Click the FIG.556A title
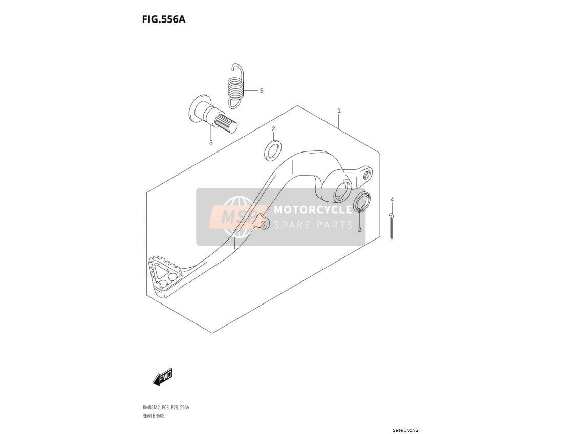pyautogui.click(x=163, y=19)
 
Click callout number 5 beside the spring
pyautogui.click(x=261, y=90)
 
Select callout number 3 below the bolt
pyautogui.click(x=211, y=142)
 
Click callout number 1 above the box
pyautogui.click(x=339, y=111)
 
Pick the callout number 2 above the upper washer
pyautogui.click(x=273, y=128)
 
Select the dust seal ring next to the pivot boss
pyautogui.click(x=362, y=202)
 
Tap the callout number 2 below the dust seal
pyautogui.click(x=359, y=230)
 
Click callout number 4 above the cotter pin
pyautogui.click(x=392, y=199)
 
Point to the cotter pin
pyautogui.click(x=391, y=226)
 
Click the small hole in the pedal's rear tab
pyautogui.click(x=366, y=175)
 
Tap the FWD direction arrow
pyautogui.click(x=163, y=377)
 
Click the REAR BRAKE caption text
pyautogui.click(x=154, y=416)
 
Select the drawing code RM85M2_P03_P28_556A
pyautogui.click(x=166, y=408)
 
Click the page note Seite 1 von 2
pyautogui.click(x=405, y=430)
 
